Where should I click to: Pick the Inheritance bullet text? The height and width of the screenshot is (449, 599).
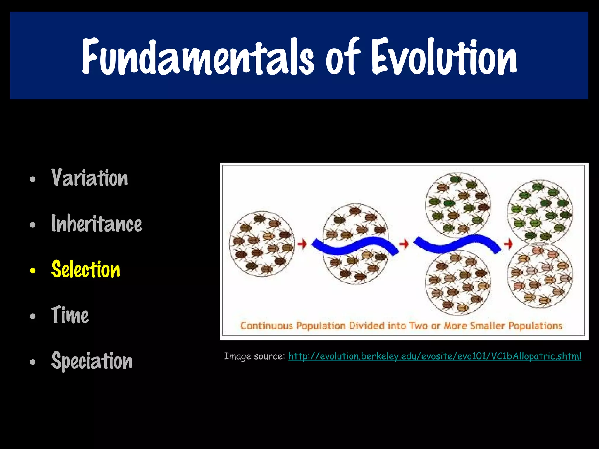click(x=97, y=224)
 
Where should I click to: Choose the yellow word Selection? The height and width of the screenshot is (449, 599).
click(x=86, y=269)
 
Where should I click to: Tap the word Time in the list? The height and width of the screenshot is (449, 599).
click(x=70, y=315)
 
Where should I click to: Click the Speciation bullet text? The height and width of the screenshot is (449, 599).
click(x=92, y=361)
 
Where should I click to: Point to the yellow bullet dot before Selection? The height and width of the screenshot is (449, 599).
click(x=32, y=271)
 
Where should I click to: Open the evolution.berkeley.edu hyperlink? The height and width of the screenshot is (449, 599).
click(x=435, y=356)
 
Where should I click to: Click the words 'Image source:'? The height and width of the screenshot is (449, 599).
click(x=254, y=356)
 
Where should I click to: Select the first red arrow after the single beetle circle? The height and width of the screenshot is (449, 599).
click(x=302, y=244)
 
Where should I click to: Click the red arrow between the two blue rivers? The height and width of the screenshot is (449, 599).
click(x=404, y=244)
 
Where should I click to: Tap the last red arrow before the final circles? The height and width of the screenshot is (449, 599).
click(x=508, y=244)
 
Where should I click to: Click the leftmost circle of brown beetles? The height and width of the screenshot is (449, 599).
click(x=262, y=244)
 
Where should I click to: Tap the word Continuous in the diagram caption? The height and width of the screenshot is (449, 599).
click(x=266, y=326)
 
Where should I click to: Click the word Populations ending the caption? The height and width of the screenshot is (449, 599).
click(x=535, y=326)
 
